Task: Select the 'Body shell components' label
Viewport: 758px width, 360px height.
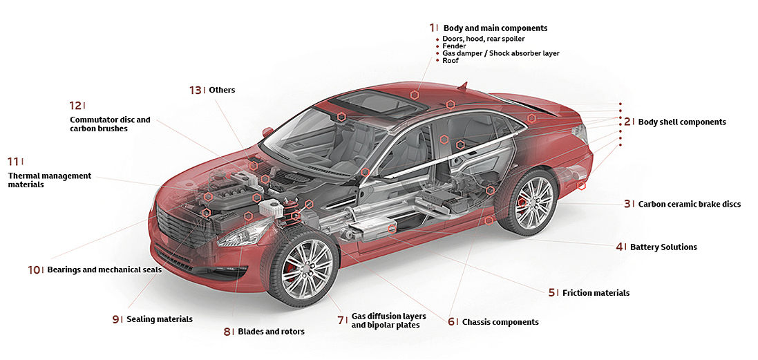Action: tap(681, 122)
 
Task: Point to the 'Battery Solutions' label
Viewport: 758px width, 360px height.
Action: tap(663, 247)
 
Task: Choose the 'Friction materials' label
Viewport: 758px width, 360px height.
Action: tap(596, 293)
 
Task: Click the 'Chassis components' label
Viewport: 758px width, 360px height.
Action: tap(500, 322)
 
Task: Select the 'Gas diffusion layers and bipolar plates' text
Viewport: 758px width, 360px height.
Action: tap(388, 321)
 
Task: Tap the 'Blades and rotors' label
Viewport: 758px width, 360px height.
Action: tap(271, 332)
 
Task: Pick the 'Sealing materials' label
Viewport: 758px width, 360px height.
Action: tap(159, 319)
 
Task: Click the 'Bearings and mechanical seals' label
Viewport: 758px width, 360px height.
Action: tap(104, 270)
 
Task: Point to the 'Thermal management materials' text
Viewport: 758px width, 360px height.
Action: tap(49, 180)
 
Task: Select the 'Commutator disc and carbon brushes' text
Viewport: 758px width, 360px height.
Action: tap(109, 124)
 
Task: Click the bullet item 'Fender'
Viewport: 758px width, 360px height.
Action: tap(455, 46)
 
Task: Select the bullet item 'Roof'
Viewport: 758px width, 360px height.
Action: tap(451, 61)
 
